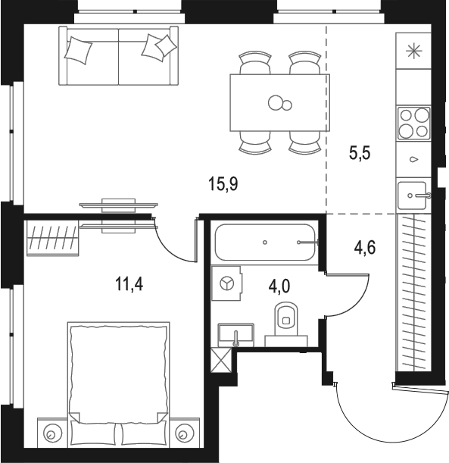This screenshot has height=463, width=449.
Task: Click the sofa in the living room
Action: click(120, 56)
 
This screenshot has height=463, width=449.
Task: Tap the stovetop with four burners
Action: click(413, 123)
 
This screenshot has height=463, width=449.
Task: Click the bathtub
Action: click(266, 242)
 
